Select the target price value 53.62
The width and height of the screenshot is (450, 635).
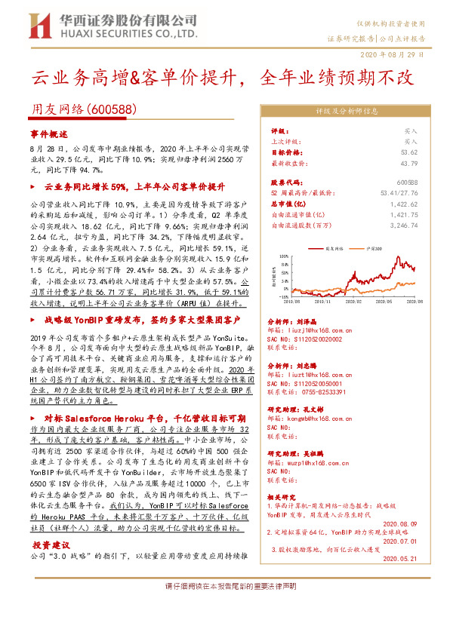pos(410,152)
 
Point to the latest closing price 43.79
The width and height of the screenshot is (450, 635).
pos(410,162)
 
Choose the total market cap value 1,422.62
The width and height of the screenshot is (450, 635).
pos(405,204)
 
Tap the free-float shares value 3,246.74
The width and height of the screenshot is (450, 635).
pos(405,225)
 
